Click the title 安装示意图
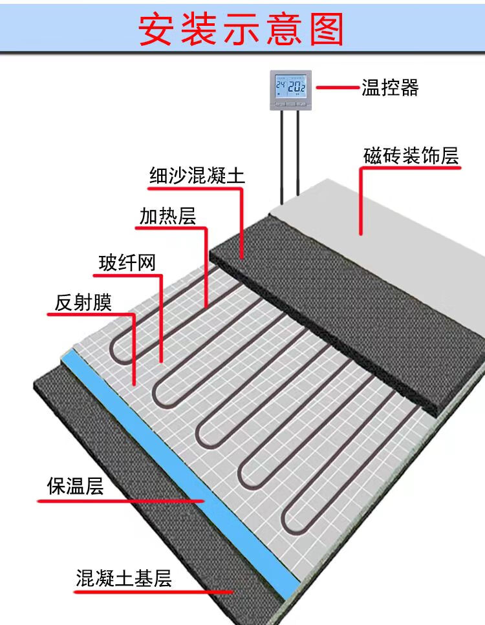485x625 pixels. (242, 29)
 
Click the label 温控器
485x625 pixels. (390, 87)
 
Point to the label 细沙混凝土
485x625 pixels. (197, 176)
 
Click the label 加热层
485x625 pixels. (167, 217)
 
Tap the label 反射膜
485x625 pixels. (83, 303)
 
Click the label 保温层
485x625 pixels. (75, 487)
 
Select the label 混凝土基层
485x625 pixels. (124, 578)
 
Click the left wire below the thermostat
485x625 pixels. (282, 155)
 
